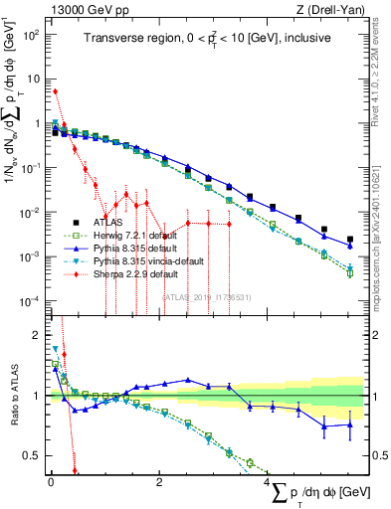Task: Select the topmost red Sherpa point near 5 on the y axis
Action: [x=55, y=91]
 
